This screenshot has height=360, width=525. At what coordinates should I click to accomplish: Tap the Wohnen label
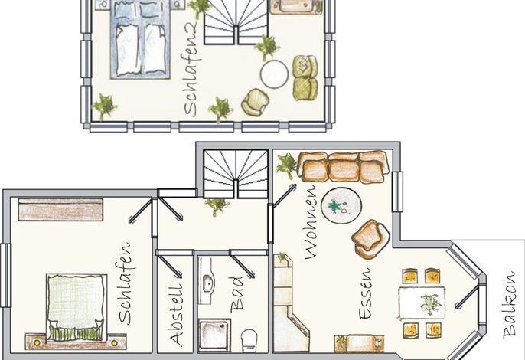click(x=311, y=222)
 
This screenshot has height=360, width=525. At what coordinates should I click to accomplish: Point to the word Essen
click(x=365, y=293)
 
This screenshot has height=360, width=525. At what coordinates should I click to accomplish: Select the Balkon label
click(x=509, y=304)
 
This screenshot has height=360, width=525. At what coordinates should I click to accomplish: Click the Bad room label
click(x=236, y=294)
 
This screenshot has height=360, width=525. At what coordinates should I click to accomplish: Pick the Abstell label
click(x=176, y=315)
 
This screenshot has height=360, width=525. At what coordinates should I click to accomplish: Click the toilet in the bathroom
click(x=249, y=340)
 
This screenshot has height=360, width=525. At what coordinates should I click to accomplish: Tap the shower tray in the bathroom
click(x=214, y=335)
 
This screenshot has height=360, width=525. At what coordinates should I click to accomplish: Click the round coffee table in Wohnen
click(x=341, y=205)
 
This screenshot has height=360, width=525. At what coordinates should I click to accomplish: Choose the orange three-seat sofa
click(x=343, y=166)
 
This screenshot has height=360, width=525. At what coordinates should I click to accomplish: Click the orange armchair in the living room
click(x=370, y=239)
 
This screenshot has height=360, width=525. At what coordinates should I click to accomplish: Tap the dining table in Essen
click(x=422, y=303)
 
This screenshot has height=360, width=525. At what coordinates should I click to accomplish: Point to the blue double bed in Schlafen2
click(x=140, y=40)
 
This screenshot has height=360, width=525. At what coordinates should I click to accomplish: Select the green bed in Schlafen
click(x=77, y=307)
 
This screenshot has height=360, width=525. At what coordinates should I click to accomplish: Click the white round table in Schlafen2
click(x=274, y=74)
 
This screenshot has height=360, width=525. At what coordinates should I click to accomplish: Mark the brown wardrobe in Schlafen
click(x=60, y=210)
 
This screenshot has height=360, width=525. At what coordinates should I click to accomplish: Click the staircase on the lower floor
click(x=236, y=174)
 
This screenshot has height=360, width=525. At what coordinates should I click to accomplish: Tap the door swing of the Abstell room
click(x=169, y=266)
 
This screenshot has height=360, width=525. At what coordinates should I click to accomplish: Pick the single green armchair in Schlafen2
click(x=255, y=102)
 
